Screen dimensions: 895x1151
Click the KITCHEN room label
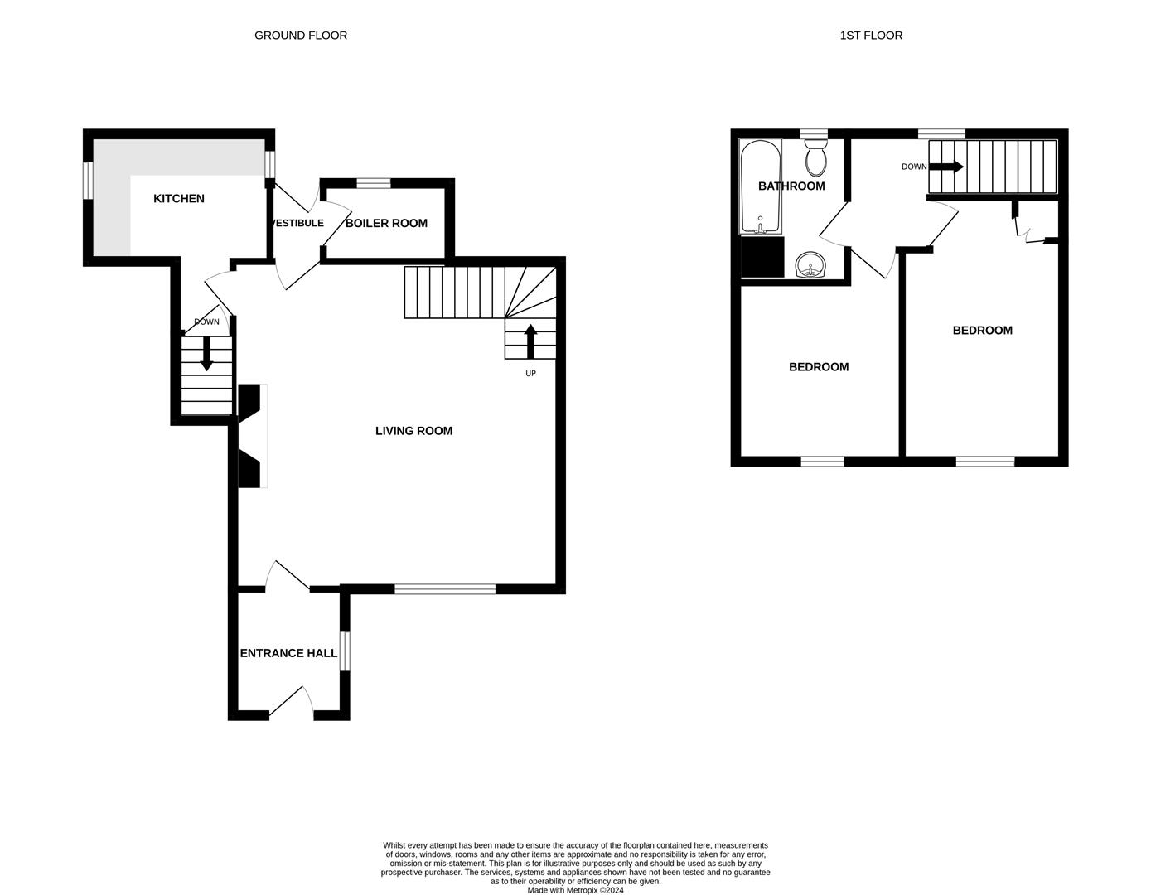179,199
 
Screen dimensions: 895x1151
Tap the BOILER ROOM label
386,223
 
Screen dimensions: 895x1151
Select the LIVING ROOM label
413,431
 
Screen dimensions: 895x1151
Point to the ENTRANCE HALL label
288,653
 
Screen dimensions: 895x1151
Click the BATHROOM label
791,186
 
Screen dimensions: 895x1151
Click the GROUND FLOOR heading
301,36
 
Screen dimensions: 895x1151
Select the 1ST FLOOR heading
871,36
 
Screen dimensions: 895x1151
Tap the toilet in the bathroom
816,157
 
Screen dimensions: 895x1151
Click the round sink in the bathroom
810,266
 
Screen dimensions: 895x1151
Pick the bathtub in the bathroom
760,186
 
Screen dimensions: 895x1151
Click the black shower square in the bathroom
762,257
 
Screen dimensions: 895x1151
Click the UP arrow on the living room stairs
530,341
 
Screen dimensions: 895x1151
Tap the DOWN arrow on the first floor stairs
945,167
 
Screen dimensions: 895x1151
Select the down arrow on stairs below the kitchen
206,354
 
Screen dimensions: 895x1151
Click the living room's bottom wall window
445,589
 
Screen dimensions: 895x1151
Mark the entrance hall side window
345,650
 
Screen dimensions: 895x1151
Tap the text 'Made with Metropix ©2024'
575,891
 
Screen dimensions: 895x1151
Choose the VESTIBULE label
297,223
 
